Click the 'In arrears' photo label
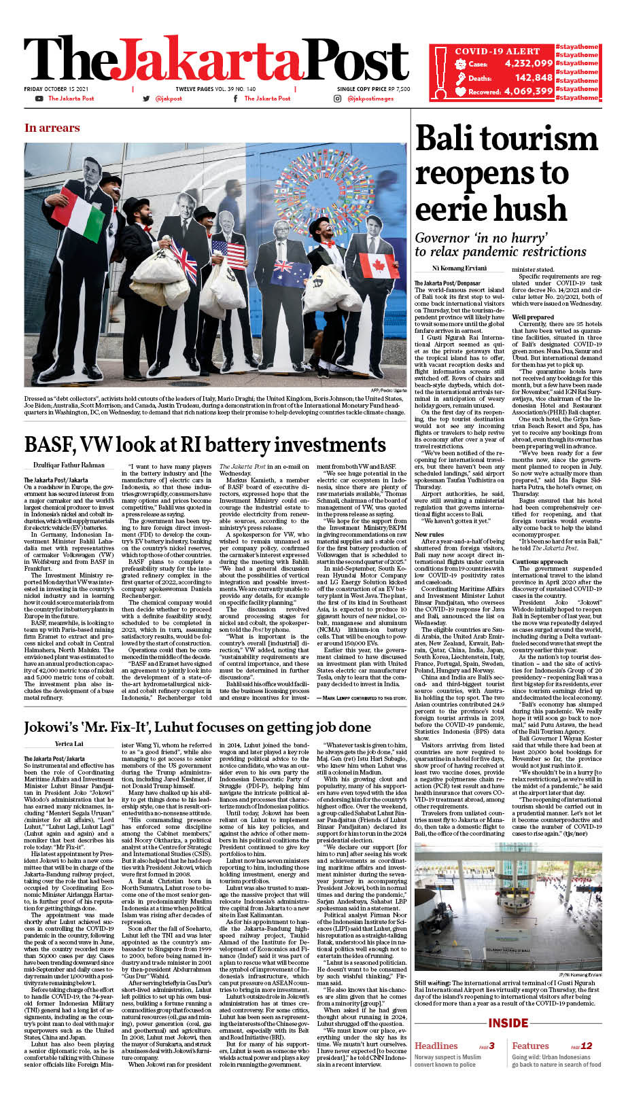[52, 128]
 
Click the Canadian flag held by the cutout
[379, 265]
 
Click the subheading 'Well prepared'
[533, 317]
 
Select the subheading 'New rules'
[429, 516]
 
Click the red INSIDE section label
[508, 1023]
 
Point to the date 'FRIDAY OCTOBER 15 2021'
[56, 89]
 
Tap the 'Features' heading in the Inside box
[530, 1046]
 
